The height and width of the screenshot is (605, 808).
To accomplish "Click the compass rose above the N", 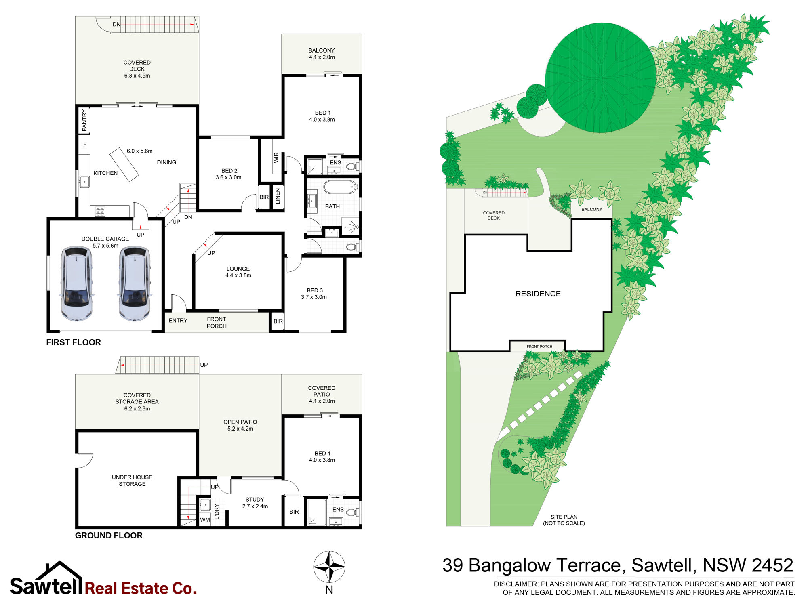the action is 329,567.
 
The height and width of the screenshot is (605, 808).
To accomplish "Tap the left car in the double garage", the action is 77,284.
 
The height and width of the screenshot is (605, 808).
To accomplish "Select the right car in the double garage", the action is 135,284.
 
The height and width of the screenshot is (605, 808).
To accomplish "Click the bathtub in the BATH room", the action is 340,187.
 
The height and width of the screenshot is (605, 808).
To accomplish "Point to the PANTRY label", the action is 84,120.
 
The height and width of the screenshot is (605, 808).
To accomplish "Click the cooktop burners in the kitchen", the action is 100,211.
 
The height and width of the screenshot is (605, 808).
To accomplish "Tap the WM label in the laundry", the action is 205,520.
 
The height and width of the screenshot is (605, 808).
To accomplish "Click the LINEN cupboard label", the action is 278,196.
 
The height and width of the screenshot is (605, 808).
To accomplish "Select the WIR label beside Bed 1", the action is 276,158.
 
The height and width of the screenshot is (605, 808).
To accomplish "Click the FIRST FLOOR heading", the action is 74,342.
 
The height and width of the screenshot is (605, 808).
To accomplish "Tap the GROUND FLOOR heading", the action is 109,536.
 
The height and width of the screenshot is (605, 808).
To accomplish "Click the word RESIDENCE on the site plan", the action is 538,294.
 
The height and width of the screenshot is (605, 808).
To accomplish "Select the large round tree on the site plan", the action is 600,78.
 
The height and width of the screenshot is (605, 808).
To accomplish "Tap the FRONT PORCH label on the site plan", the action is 539,347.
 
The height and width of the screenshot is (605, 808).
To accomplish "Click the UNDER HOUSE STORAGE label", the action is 132,481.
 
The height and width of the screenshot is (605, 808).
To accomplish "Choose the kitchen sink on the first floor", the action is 84,182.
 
